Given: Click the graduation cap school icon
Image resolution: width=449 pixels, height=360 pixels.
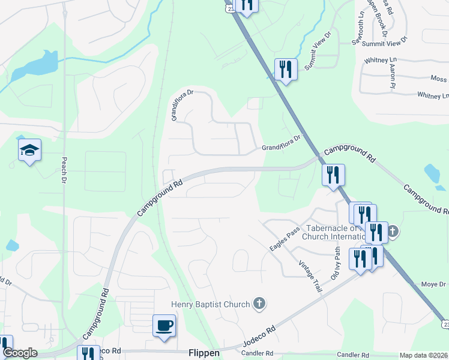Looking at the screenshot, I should coord(29,151).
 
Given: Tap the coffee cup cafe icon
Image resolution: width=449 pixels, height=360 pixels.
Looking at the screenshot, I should coord(164,326).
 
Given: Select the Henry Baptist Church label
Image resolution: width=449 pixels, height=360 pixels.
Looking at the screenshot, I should coord(210,304).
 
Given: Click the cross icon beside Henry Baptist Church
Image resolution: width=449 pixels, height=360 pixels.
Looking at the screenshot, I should coord(259,304).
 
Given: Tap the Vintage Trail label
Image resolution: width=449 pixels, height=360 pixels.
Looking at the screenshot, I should coord(311,277).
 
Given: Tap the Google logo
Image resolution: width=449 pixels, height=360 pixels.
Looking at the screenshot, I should coord(20,353).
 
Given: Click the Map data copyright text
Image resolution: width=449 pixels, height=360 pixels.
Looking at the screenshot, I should coord(424,355).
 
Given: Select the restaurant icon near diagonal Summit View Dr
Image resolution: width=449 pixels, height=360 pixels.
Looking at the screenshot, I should coord(286,69).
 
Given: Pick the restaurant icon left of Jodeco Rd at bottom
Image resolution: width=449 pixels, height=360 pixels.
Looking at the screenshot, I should coord(89,354).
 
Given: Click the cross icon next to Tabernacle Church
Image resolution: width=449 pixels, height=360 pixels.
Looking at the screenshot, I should coord(393,230).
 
